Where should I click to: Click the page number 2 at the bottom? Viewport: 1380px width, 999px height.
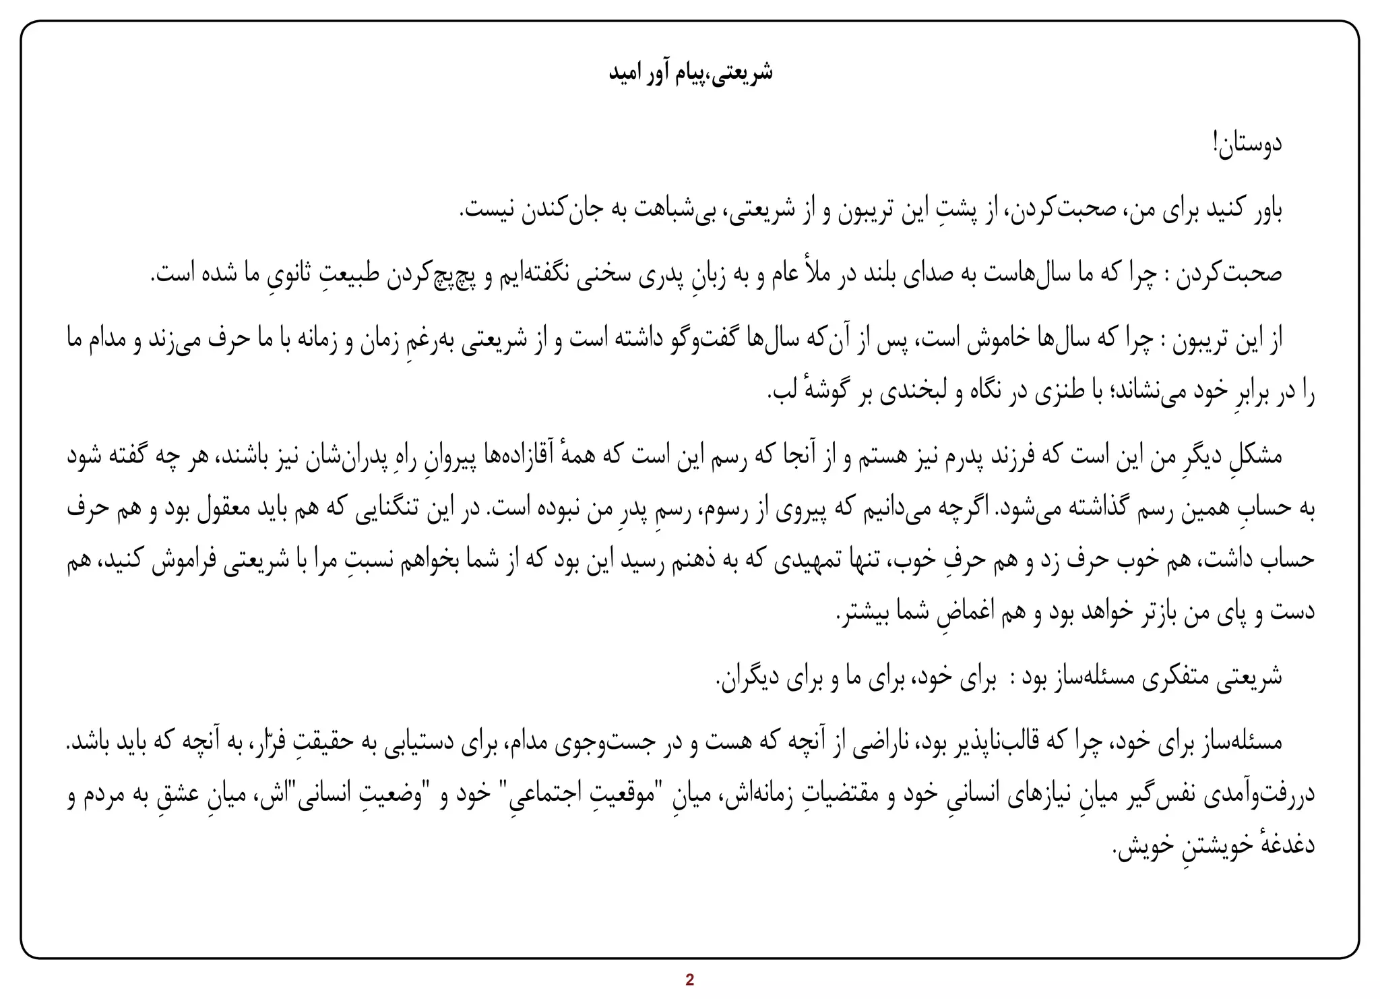689,980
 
